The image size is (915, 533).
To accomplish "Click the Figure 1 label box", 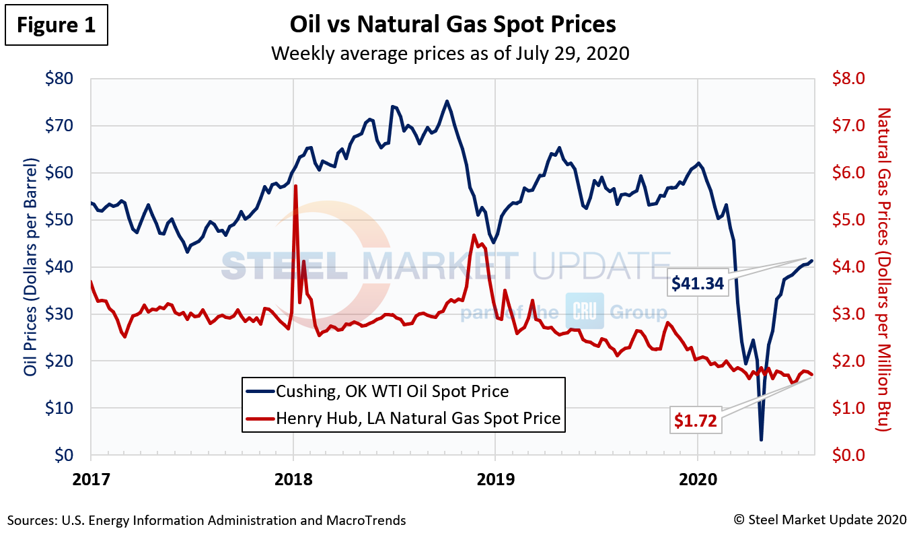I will [x=57, y=26].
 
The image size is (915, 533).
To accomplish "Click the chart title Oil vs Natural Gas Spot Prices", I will [x=452, y=24].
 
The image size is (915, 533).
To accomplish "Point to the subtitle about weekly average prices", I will [x=450, y=52].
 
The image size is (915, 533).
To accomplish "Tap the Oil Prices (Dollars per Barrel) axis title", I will [x=30, y=267].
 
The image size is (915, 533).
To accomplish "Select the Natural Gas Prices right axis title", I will [x=884, y=269].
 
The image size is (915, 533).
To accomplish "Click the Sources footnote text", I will [x=207, y=520].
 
